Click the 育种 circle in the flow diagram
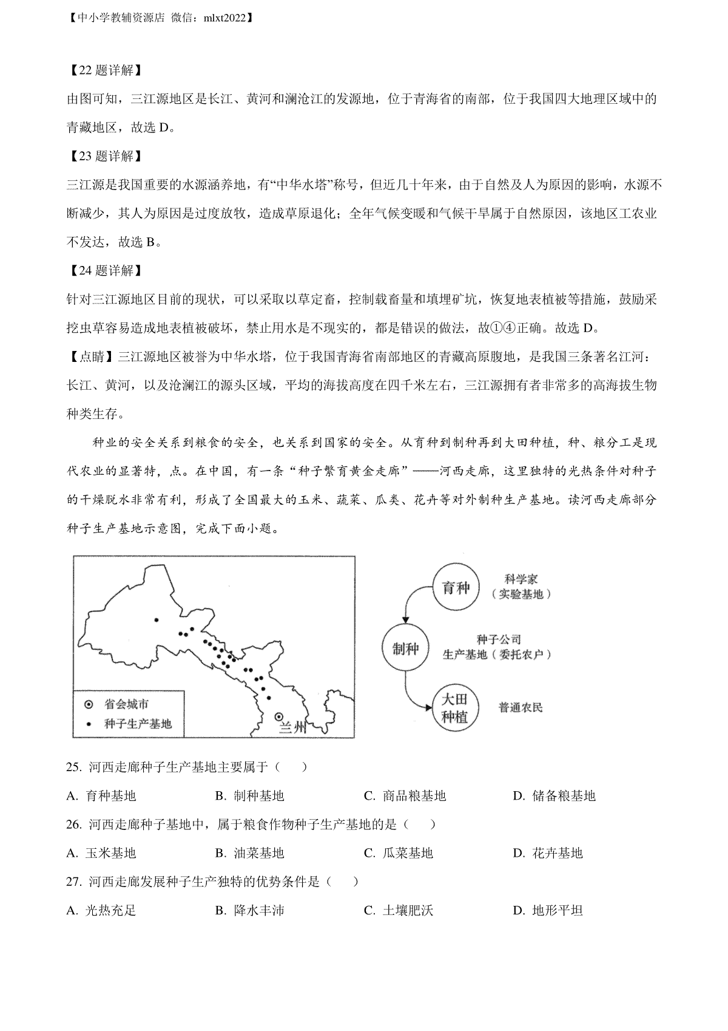tap(456, 588)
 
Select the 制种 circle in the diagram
tap(405, 648)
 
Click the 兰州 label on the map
tap(294, 727)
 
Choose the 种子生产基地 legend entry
tap(130, 724)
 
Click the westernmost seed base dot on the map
tap(156, 620)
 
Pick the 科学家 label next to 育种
tap(521, 580)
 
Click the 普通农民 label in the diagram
tap(521, 707)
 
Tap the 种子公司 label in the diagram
tap(499, 639)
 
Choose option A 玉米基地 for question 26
tap(101, 853)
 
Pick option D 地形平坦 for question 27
tap(548, 910)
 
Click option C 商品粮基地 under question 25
tap(405, 796)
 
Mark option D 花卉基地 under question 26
tap(548, 853)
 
